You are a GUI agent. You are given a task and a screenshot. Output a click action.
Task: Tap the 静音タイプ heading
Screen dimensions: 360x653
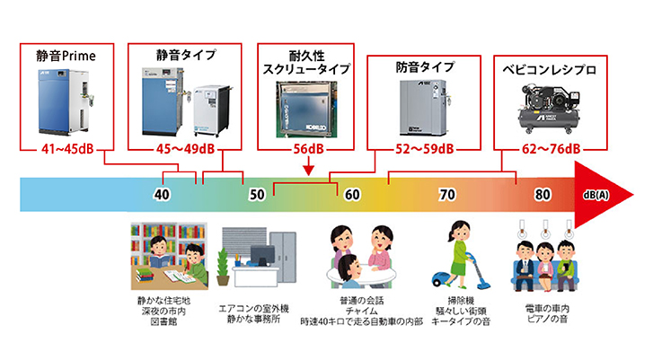[x=186, y=55]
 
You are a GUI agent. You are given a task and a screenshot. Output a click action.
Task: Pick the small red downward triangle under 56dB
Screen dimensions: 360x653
[x=308, y=167]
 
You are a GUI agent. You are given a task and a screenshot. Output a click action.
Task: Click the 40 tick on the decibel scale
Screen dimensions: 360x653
[x=162, y=194]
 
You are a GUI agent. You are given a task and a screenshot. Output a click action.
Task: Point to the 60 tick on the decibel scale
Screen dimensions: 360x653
[x=352, y=194]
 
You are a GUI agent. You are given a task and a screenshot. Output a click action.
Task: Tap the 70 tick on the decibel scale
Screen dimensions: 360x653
[x=447, y=194]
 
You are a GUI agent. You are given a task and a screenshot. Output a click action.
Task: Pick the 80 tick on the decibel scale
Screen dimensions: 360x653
[x=543, y=194]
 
